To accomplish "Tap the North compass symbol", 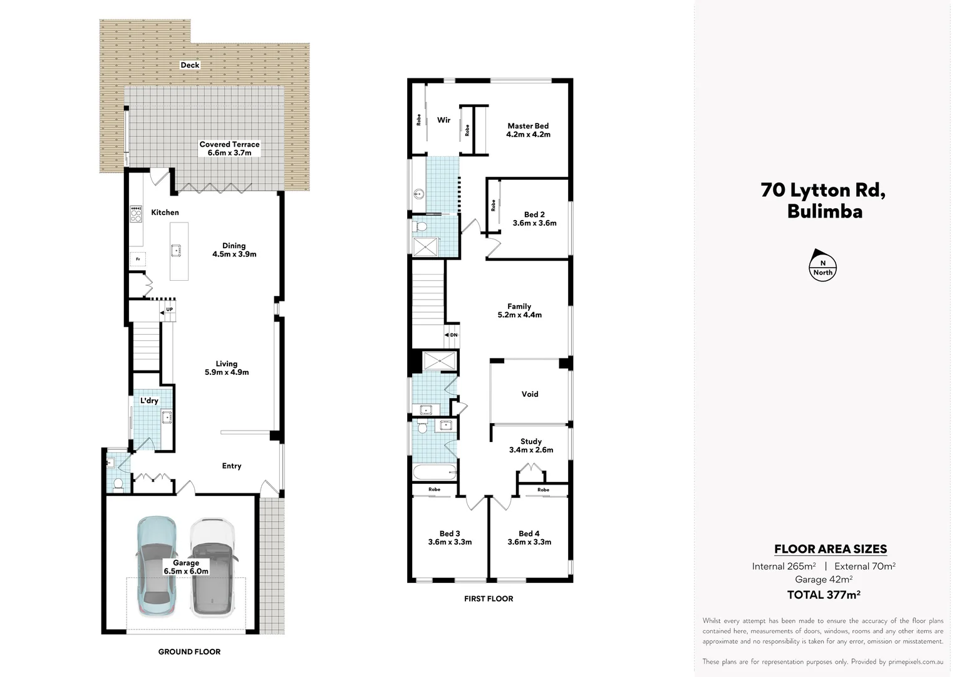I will [822, 267].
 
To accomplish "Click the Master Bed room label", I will [528, 126].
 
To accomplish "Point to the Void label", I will [530, 394].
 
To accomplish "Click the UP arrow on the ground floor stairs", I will [167, 310].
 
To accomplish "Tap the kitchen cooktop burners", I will [136, 214].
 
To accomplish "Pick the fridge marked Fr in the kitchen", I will [138, 258].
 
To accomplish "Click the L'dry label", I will [149, 401].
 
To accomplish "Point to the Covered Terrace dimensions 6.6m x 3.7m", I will [229, 152].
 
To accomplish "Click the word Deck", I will [190, 65].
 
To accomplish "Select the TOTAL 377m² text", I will [824, 595].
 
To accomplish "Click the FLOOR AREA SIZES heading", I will [830, 549].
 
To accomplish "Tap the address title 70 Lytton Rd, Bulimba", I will [824, 200].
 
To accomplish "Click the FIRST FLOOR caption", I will [489, 599].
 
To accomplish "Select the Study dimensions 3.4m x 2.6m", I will [531, 449].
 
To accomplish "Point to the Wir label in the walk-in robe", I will [443, 120].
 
